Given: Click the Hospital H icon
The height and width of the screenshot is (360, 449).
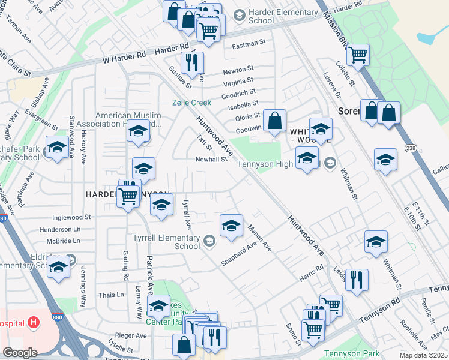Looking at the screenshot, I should [34, 323].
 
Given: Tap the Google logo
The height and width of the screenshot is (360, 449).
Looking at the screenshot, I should [20, 353].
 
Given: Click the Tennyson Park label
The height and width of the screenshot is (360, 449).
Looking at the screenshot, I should [348, 353].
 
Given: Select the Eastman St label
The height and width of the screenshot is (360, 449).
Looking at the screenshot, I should [249, 44].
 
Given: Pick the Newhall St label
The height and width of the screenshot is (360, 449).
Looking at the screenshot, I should [210, 160].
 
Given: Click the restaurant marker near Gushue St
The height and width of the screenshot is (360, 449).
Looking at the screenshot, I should [193, 63].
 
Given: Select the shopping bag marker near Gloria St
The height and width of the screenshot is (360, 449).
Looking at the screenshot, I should [274, 121].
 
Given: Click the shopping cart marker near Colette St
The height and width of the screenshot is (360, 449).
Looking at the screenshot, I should [358, 55].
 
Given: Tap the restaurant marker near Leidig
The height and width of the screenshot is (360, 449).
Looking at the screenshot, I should [357, 280].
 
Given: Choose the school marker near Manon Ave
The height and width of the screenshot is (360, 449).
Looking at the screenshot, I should [231, 226].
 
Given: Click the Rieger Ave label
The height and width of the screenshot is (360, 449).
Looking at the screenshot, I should [131, 335].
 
